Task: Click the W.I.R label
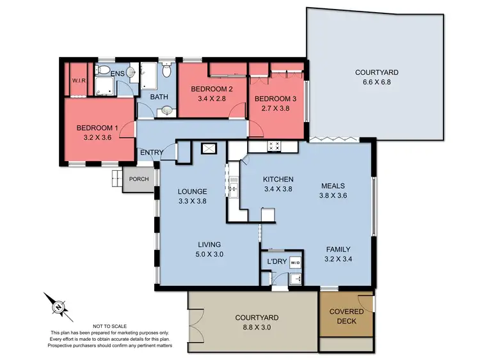(79, 81)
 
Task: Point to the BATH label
(159, 97)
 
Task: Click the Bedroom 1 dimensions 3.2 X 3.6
(97, 136)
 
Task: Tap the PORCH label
(138, 179)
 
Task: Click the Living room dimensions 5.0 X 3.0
(209, 254)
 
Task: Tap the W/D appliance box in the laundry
(295, 262)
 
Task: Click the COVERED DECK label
(347, 316)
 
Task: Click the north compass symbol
(58, 308)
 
